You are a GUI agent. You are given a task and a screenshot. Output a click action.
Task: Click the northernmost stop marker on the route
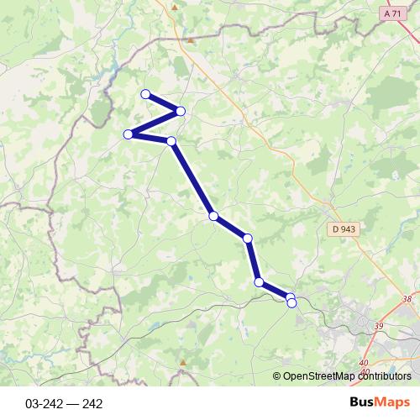pyautogui.click(x=145, y=94)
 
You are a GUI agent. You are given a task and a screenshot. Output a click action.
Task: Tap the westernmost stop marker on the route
pyautogui.click(x=129, y=134)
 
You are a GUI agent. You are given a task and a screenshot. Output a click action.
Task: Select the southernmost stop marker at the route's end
pyautogui.click(x=291, y=303)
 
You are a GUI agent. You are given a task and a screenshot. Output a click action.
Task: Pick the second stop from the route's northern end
pyautogui.click(x=181, y=112)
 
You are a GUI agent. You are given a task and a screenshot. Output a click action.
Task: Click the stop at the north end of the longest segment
pyautogui.click(x=171, y=141)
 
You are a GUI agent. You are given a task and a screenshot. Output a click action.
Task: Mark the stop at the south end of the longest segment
pyautogui.click(x=213, y=216)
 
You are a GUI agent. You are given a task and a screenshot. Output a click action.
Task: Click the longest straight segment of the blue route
pyautogui.click(x=192, y=179)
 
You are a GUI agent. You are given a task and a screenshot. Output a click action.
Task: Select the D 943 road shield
pyautogui.click(x=343, y=228)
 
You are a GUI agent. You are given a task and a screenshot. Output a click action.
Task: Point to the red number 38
pyautogui.click(x=407, y=299)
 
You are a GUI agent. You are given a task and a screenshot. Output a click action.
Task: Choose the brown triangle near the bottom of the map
pyautogui.click(x=182, y=362)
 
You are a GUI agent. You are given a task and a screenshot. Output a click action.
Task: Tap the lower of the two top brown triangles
pyautogui.click(x=192, y=39)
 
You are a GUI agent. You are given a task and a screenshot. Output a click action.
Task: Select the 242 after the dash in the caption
pyautogui.click(x=92, y=403)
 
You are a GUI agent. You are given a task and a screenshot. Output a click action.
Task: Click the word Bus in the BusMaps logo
pyautogui.click(x=362, y=403)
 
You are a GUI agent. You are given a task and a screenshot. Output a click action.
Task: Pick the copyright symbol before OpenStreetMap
pyautogui.click(x=276, y=377)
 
